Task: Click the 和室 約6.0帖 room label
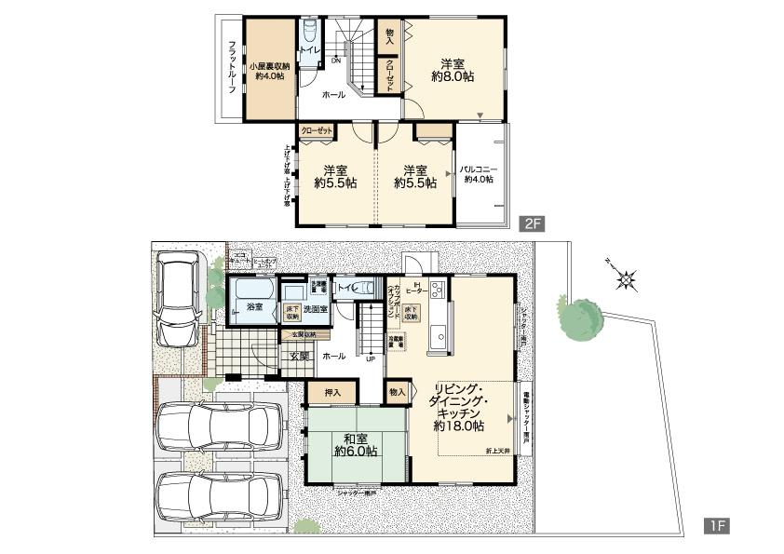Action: [356, 444]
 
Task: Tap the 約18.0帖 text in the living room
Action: [458, 426]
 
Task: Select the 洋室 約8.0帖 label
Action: [453, 71]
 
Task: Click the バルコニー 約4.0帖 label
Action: [479, 174]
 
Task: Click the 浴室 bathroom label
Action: [254, 306]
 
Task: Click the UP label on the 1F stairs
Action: [370, 358]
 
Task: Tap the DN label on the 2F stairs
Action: [335, 61]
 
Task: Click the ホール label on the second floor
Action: [332, 95]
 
